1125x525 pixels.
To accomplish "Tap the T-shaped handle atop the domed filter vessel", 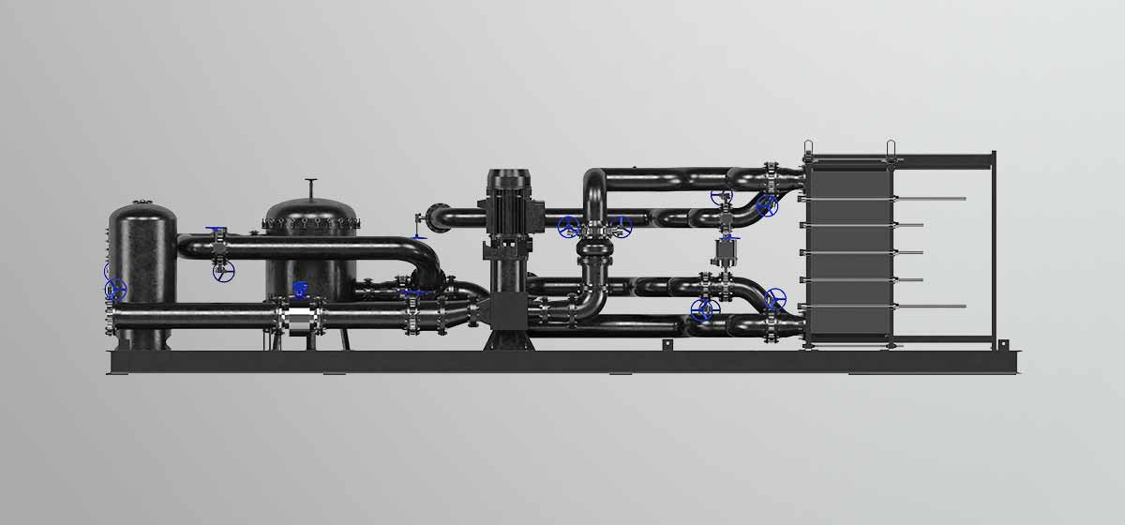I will click(x=312, y=181).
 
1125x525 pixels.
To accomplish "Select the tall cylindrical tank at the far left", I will click(x=142, y=262).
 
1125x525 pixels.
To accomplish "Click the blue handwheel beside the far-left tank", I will click(x=115, y=289).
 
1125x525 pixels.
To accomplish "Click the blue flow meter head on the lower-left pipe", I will click(x=299, y=289).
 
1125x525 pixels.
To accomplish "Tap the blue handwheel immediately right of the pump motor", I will click(x=568, y=227).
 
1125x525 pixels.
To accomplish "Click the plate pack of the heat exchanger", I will click(x=847, y=253).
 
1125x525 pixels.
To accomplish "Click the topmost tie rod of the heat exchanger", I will click(x=928, y=198).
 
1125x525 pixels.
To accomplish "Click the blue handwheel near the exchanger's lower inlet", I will click(x=774, y=300).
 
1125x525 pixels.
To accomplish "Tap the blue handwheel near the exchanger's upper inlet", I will click(x=767, y=204).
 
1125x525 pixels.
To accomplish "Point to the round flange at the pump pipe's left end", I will click(x=430, y=216).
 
